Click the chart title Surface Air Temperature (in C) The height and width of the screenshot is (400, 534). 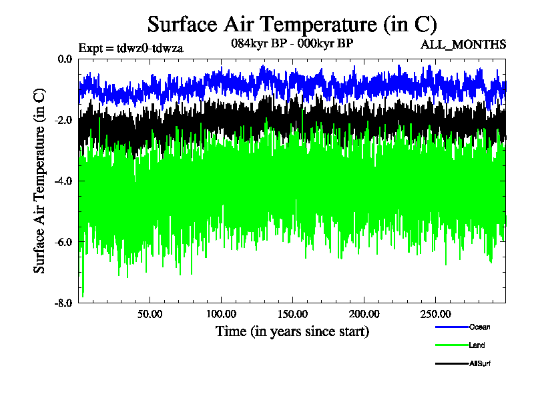pos(292,25)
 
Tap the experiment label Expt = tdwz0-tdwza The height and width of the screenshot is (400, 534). pos(131,47)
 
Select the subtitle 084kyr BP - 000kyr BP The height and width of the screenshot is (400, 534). pos(291,43)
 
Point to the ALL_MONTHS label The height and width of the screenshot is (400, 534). pos(463,45)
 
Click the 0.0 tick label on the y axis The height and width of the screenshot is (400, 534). pos(65,59)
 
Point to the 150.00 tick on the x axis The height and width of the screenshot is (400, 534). pos(292,313)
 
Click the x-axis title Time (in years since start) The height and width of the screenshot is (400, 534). pos(292,331)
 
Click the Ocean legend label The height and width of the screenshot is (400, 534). pos(479,327)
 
